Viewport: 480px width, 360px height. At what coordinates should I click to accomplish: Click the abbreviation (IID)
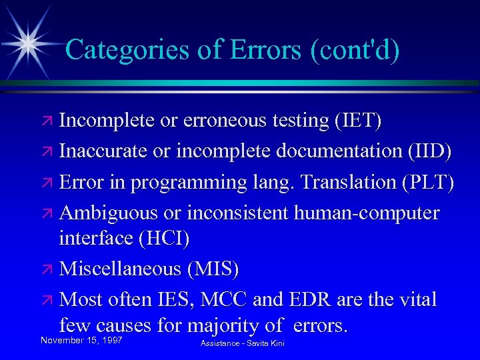click(429, 151)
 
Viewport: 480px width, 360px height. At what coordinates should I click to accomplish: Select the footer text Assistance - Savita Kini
click(242, 342)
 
